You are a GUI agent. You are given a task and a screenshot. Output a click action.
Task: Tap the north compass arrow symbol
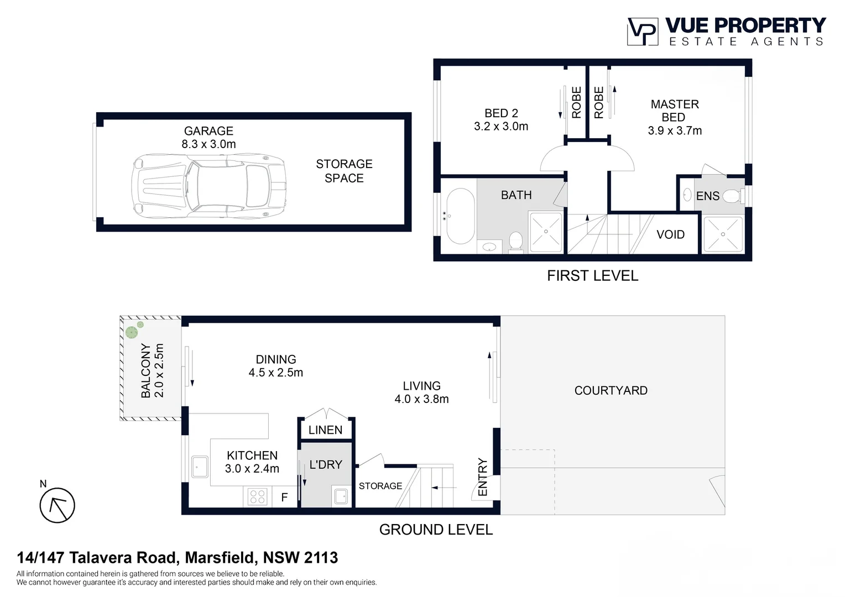[57, 505]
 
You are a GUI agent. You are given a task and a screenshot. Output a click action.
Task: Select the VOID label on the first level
[670, 234]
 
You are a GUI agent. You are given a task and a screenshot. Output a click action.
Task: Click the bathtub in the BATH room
[460, 216]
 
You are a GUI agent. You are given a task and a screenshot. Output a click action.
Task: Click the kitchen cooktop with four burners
[257, 496]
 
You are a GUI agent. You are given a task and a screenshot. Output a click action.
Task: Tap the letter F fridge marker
[284, 498]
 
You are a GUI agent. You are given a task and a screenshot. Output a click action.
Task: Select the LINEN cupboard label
[325, 430]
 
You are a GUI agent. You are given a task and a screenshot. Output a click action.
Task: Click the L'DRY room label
[326, 465]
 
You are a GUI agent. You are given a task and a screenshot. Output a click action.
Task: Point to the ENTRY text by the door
[483, 477]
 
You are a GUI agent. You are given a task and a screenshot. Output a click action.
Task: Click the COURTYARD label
[611, 390]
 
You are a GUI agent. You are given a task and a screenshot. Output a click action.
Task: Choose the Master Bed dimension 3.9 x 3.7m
[675, 131]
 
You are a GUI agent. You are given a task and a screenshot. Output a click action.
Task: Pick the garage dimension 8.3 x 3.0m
[208, 144]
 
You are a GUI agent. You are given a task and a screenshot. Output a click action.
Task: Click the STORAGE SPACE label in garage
[344, 171]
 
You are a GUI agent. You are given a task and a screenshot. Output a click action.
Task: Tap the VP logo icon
[642, 32]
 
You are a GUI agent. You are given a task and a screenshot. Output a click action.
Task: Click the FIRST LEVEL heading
[592, 276]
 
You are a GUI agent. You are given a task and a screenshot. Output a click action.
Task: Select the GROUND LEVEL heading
[436, 530]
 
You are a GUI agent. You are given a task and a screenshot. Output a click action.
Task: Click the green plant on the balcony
[132, 332]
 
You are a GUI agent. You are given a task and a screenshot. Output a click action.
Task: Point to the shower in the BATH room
[546, 232]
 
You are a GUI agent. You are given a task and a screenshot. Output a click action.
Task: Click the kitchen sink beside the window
[200, 467]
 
